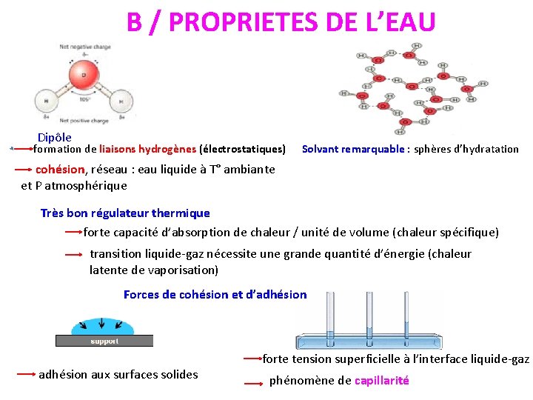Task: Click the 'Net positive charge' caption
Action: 84,121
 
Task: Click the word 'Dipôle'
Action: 55,137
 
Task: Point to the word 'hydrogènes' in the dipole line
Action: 167,149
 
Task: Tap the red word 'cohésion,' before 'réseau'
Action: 61,169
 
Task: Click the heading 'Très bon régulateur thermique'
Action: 125,213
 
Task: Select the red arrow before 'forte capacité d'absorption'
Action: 73,232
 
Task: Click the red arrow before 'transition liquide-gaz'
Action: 73,254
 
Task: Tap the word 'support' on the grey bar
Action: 104,341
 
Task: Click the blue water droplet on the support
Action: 101,327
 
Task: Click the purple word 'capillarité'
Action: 381,381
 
